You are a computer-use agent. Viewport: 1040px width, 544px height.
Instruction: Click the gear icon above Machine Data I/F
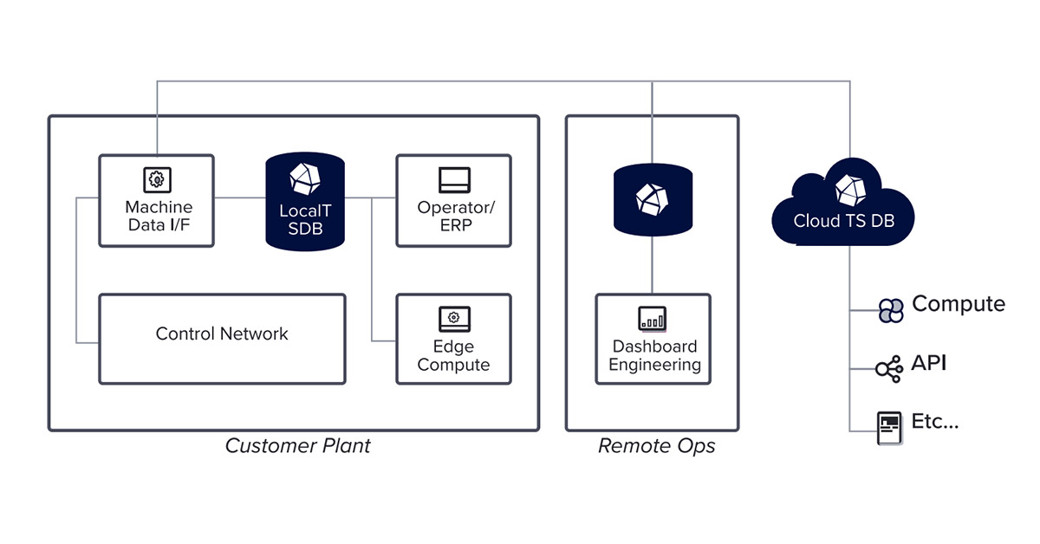tap(156, 179)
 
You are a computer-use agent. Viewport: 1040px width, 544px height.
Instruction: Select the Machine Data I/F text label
tap(159, 217)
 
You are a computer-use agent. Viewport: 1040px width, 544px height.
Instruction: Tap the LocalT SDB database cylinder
tap(305, 202)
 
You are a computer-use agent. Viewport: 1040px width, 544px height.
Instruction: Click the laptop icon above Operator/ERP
tap(454, 180)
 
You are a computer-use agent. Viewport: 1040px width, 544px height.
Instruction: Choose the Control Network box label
tap(222, 334)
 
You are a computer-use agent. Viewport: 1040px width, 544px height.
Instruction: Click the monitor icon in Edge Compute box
tap(454, 318)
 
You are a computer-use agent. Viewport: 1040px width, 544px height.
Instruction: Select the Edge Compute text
tap(453, 355)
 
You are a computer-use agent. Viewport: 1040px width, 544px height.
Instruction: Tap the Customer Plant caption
tap(297, 446)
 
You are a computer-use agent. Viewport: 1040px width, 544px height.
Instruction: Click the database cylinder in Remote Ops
tap(653, 198)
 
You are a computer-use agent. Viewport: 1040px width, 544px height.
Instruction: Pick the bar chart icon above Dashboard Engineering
tap(652, 318)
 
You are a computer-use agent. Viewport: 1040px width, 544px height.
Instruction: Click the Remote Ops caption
tap(656, 446)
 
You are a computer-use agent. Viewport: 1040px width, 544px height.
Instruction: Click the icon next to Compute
tap(890, 310)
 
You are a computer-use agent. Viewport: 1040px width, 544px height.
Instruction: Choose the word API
tap(928, 364)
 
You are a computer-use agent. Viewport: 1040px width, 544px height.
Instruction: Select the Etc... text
tap(935, 423)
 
